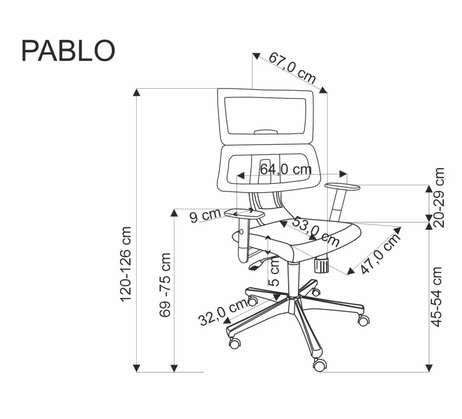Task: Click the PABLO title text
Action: tap(68, 50)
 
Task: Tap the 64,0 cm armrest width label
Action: tap(286, 169)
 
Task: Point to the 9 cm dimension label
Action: tap(205, 215)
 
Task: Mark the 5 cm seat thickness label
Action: tap(274, 272)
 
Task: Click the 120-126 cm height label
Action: tap(126, 264)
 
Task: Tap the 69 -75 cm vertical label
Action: tap(165, 285)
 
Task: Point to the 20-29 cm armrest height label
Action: tap(439, 197)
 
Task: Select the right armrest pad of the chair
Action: tap(342, 187)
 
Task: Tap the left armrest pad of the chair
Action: tap(244, 213)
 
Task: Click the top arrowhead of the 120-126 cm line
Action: tap(136, 91)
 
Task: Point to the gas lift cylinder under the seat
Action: tap(292, 280)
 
